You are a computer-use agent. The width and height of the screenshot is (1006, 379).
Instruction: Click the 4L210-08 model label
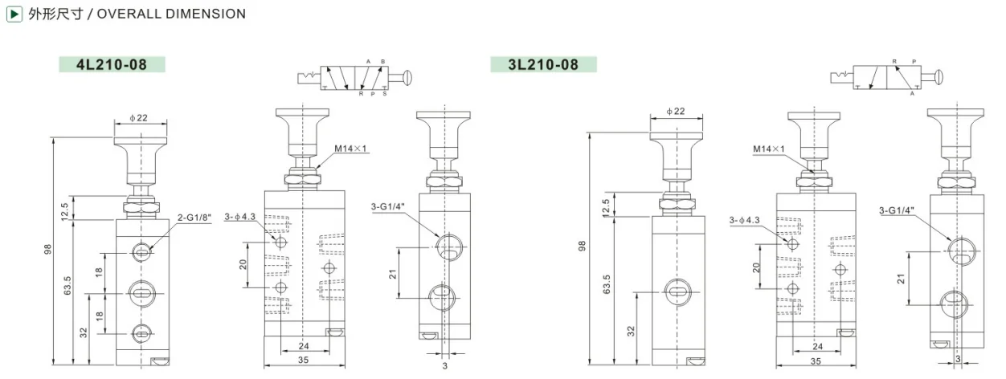coord(112,65)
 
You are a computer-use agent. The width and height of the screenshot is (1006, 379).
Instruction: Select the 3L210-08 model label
coord(543,65)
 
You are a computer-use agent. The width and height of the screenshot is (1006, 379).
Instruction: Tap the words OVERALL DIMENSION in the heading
coord(171,14)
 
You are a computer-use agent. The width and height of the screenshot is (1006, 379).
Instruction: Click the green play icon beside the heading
coord(14,14)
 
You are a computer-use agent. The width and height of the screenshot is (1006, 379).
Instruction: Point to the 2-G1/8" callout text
coord(194,218)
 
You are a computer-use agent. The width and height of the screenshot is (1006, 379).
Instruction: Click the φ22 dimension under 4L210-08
coord(139,118)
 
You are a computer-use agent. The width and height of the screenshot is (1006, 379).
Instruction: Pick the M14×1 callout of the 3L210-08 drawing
coord(769,149)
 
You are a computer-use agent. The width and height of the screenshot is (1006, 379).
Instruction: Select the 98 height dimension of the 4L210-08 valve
coord(47,250)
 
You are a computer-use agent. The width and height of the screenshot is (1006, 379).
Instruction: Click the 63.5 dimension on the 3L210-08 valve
coord(607,284)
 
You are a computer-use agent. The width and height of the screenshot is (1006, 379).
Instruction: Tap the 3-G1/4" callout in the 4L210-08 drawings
coord(387,206)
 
